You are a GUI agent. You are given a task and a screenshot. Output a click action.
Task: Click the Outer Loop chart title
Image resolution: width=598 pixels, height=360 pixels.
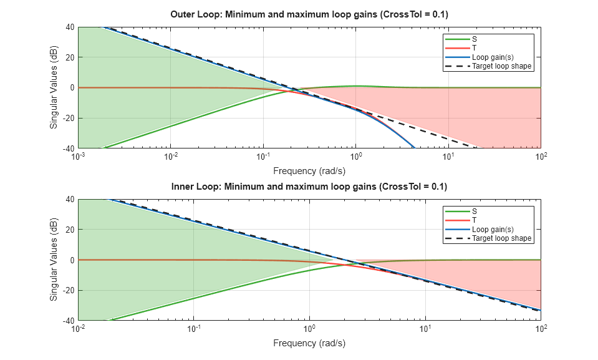[x=309, y=14]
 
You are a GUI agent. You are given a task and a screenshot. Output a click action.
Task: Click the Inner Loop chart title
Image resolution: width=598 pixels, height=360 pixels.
[x=309, y=187]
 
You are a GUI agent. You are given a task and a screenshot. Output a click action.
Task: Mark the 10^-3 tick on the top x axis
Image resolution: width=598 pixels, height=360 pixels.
[x=78, y=157]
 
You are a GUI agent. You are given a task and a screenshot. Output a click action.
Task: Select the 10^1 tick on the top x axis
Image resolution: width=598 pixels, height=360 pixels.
[x=448, y=157]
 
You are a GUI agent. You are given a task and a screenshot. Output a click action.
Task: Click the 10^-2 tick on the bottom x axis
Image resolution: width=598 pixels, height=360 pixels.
[x=78, y=329]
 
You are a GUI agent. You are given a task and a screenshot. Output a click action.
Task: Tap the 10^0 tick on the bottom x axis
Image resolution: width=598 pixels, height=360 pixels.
[x=309, y=329]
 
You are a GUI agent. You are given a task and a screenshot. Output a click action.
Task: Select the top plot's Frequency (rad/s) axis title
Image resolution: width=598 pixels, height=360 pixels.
[x=309, y=170]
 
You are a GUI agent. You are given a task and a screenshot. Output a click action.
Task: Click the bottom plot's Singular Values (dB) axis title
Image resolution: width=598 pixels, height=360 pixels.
[x=54, y=260]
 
